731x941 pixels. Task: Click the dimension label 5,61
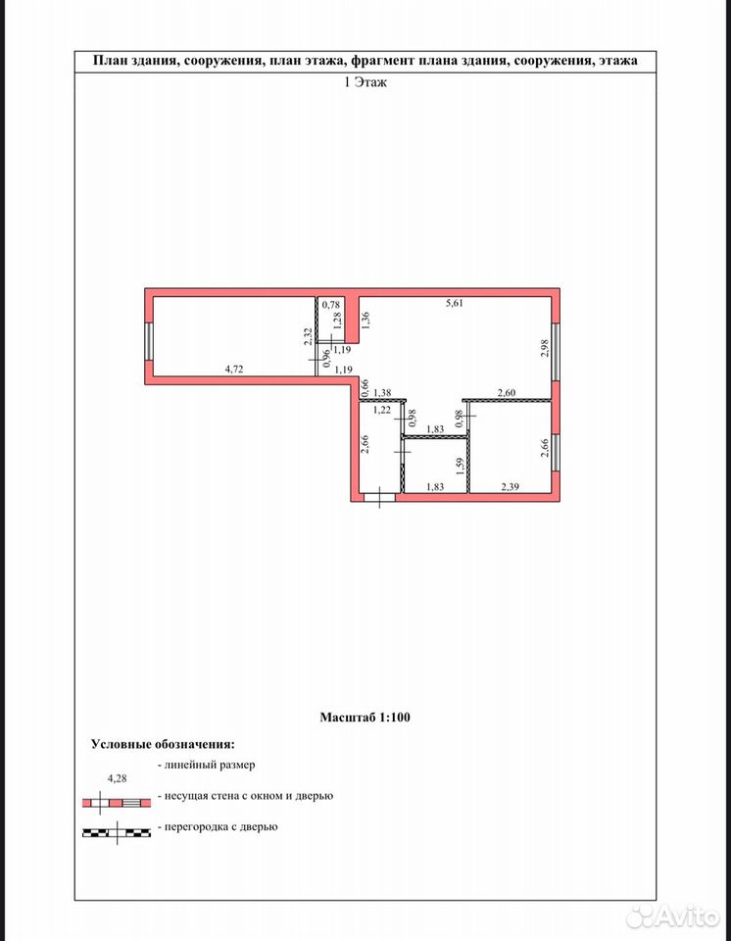455,303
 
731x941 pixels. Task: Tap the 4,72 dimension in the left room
234,370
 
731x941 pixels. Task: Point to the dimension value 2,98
545,349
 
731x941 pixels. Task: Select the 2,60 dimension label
507,393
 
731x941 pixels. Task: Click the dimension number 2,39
510,487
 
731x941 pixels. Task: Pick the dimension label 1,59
461,467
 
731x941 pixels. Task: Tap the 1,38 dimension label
382,393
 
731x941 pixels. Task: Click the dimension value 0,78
331,305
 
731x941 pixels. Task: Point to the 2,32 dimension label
308,336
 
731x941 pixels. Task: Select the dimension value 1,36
365,320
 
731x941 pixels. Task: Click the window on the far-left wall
148,342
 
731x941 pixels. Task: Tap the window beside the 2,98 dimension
556,352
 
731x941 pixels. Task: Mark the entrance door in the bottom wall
380,497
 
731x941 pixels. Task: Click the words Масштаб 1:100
365,718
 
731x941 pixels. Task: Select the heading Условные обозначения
164,744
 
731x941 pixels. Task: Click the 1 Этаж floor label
365,82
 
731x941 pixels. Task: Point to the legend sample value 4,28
117,778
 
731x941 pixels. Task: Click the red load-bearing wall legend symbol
117,803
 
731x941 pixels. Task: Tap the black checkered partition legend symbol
117,832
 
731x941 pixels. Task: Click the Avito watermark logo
673,916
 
